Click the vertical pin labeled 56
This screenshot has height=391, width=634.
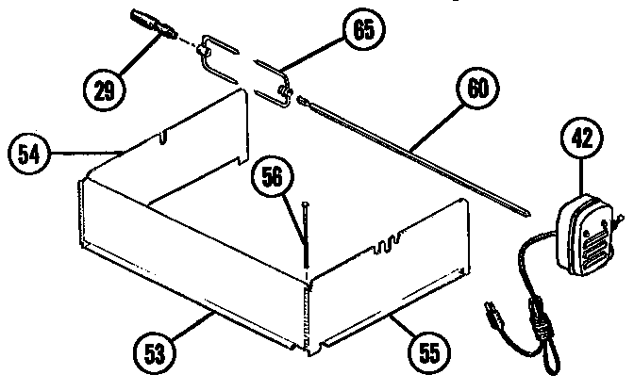pos(307,236)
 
